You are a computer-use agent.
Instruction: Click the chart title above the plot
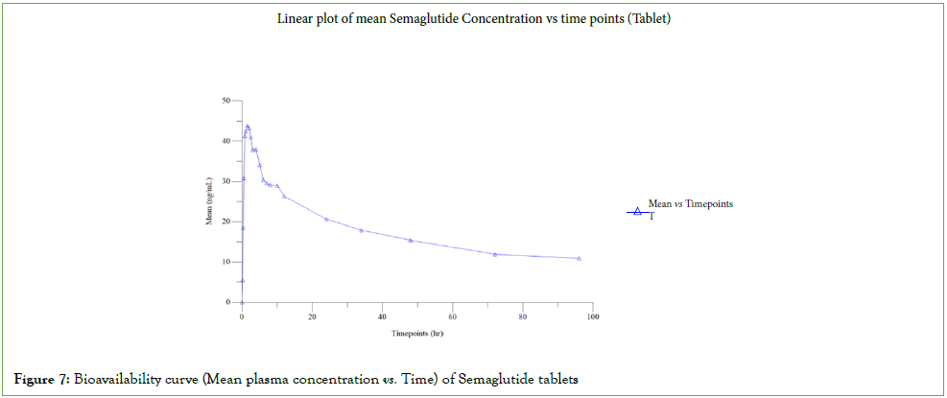472,19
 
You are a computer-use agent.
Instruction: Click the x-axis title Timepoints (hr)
416,334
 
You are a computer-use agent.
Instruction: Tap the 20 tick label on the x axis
312,316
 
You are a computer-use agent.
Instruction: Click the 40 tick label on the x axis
382,316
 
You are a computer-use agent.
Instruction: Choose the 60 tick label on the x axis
452,316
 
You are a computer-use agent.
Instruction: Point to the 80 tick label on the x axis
522,316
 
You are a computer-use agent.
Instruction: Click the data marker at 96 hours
580,258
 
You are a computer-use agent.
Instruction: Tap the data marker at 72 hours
495,254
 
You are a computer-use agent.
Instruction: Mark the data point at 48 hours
411,240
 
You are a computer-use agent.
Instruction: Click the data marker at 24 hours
326,219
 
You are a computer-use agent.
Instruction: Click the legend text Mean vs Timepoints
691,203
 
